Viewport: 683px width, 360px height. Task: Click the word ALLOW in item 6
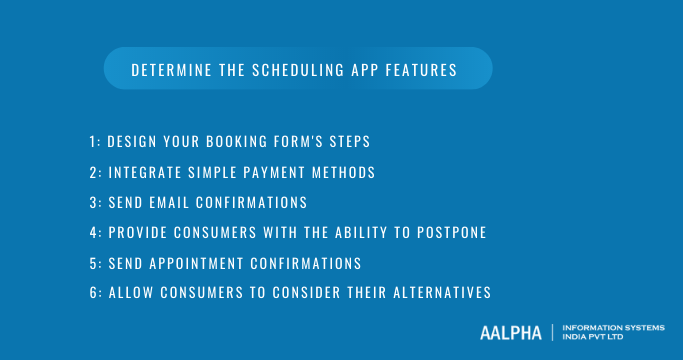click(129, 293)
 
